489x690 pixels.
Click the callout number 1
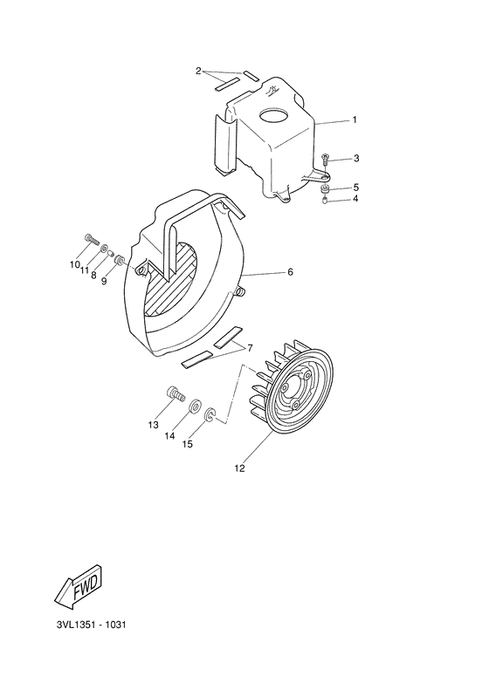pyautogui.click(x=355, y=120)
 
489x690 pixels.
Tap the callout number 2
pyautogui.click(x=199, y=71)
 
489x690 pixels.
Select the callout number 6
pyautogui.click(x=290, y=272)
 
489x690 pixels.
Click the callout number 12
pyautogui.click(x=239, y=468)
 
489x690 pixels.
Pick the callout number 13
pyautogui.click(x=154, y=426)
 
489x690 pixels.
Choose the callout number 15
pyautogui.click(x=187, y=444)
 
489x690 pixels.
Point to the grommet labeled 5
pyautogui.click(x=325, y=188)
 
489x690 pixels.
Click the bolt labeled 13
pyautogui.click(x=175, y=396)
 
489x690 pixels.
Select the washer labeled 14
pyautogui.click(x=196, y=406)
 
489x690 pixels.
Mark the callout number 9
pyautogui.click(x=103, y=281)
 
